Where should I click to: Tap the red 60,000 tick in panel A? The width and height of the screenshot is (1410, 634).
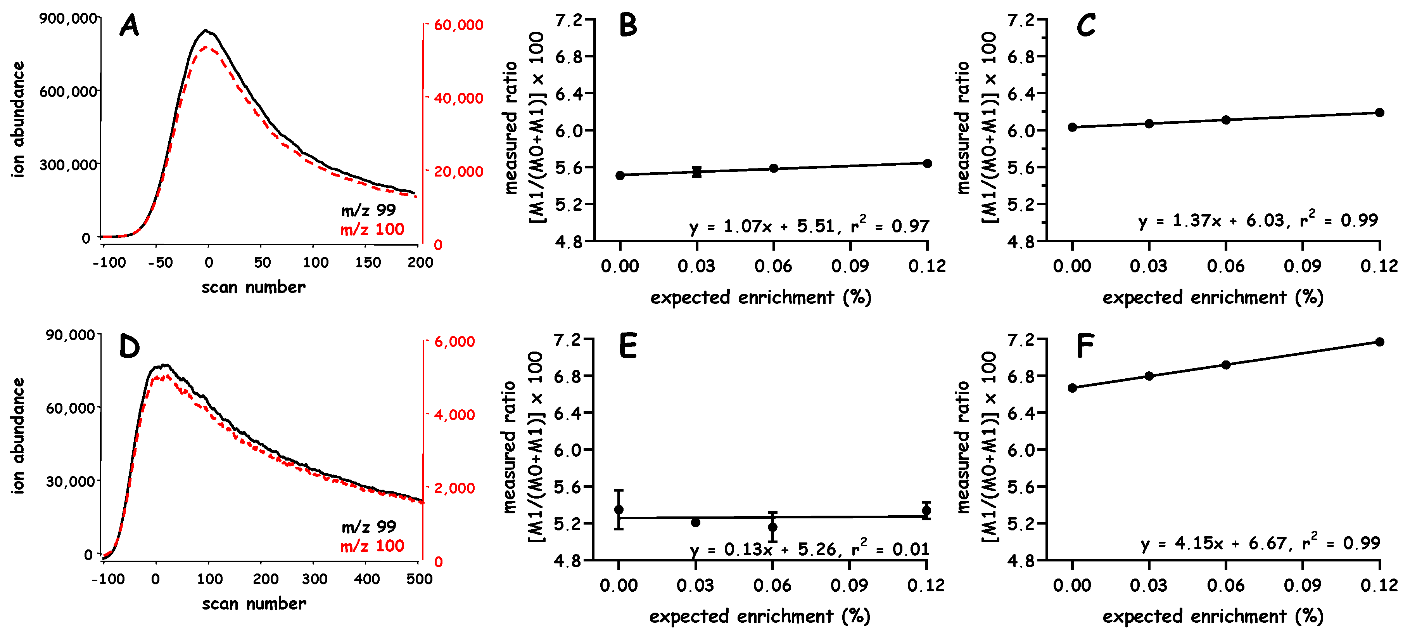(x=458, y=25)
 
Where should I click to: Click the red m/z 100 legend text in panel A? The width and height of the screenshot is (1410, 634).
(x=372, y=229)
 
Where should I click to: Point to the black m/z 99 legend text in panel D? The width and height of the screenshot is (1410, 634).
(x=368, y=527)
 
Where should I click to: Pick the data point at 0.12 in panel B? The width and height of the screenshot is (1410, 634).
(x=927, y=164)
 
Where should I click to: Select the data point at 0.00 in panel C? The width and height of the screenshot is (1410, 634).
(x=1072, y=127)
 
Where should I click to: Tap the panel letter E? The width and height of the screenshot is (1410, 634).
(x=628, y=346)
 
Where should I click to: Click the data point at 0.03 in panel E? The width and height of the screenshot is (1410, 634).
(x=696, y=522)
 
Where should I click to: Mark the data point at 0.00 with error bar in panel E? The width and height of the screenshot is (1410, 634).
(x=619, y=510)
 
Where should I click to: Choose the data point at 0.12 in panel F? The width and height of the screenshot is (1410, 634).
(x=1379, y=341)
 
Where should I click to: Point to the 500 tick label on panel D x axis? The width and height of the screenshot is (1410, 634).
(x=419, y=579)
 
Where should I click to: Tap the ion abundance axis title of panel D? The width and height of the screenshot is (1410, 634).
(x=19, y=436)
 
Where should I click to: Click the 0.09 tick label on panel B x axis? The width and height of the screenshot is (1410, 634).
(x=850, y=266)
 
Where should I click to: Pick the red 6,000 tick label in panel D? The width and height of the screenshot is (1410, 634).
(x=454, y=341)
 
